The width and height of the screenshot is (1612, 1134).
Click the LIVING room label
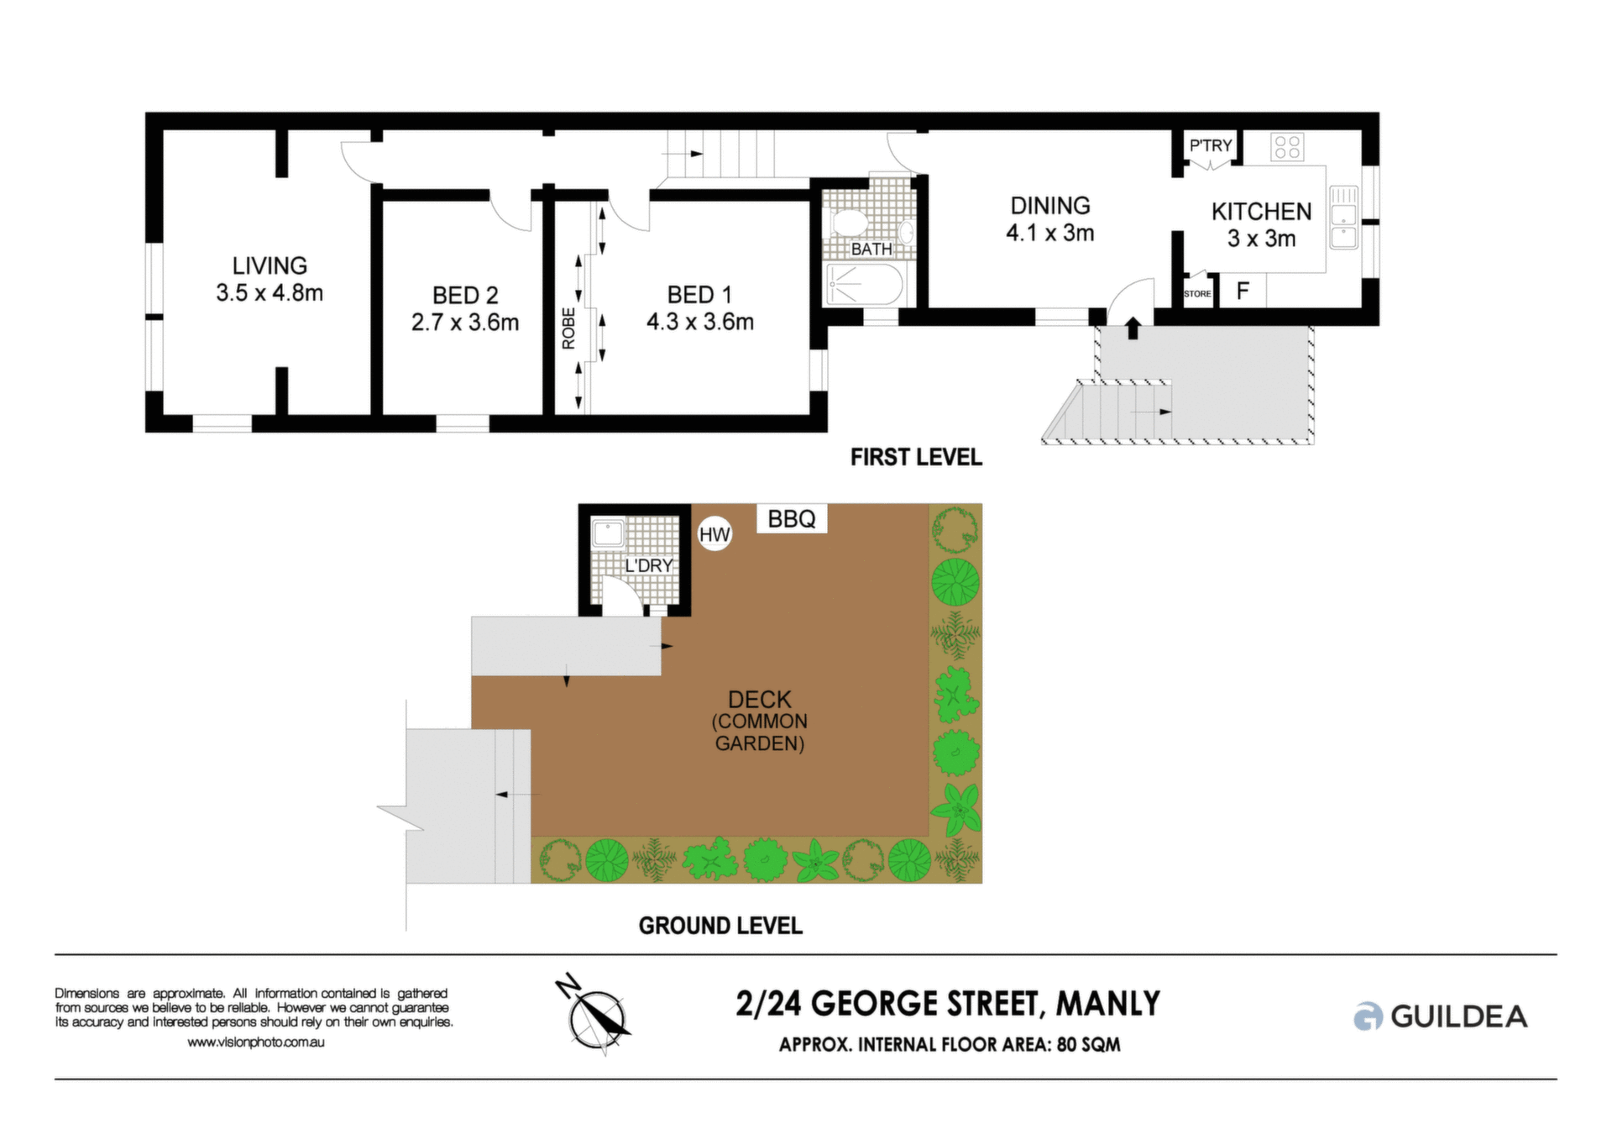pyautogui.click(x=270, y=265)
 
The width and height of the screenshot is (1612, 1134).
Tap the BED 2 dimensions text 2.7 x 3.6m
pyautogui.click(x=465, y=323)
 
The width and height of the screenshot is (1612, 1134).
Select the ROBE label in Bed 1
pyautogui.click(x=569, y=328)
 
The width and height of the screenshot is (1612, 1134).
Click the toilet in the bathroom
pyautogui.click(x=849, y=223)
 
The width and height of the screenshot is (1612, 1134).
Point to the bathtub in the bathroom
pyautogui.click(x=865, y=284)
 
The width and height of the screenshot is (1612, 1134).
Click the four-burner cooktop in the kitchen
pyautogui.click(x=1287, y=147)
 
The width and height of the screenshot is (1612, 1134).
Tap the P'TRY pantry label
pyautogui.click(x=1211, y=145)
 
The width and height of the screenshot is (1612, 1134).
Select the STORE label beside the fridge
pyautogui.click(x=1197, y=294)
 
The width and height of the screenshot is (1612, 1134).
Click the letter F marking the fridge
pyautogui.click(x=1243, y=291)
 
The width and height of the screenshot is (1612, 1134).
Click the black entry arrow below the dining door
pyautogui.click(x=1133, y=327)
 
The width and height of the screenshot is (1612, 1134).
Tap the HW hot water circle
pyautogui.click(x=715, y=534)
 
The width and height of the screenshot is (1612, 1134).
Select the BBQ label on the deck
pyautogui.click(x=792, y=519)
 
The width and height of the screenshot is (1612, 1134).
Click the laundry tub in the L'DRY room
pyautogui.click(x=608, y=533)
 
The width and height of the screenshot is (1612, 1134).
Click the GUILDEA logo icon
pyautogui.click(x=1368, y=1016)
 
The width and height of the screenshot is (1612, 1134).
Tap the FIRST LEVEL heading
pyautogui.click(x=916, y=457)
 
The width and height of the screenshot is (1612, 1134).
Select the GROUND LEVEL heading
pyautogui.click(x=720, y=926)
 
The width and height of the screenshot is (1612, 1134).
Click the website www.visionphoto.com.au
pyautogui.click(x=256, y=1042)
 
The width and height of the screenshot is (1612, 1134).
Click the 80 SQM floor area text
pyautogui.click(x=1088, y=1045)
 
